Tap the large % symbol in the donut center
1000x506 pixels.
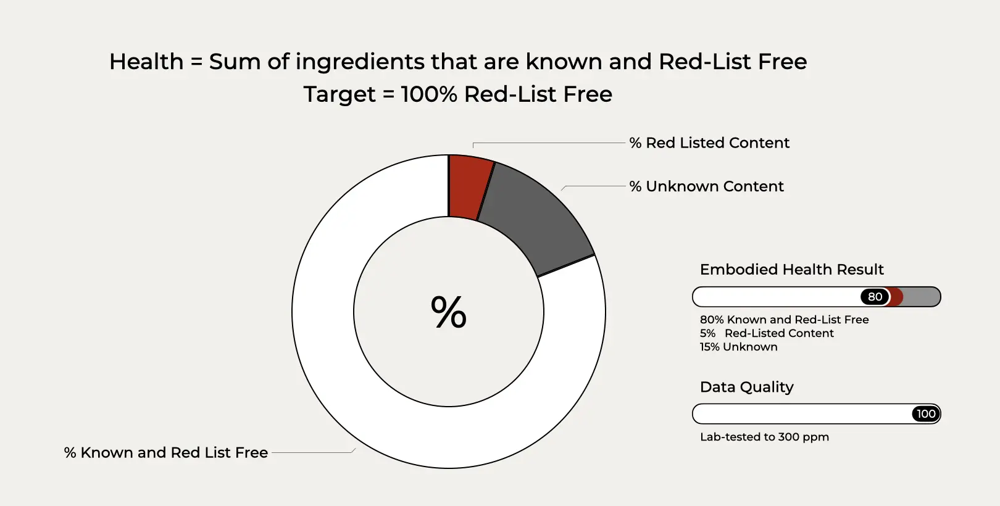coord(449,312)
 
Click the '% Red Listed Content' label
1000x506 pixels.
coord(709,143)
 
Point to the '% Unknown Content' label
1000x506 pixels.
coord(706,186)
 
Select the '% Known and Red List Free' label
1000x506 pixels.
coord(166,452)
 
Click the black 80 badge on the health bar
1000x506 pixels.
coord(875,297)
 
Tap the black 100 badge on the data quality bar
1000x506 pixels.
coord(926,414)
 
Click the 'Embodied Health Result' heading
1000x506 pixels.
coord(791,270)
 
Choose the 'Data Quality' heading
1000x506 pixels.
coord(746,387)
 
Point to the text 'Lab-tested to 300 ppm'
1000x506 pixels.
coord(764,437)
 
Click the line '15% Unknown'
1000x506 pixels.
coord(738,347)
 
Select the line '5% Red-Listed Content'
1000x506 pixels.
coord(767,333)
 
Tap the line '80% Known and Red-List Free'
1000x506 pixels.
coord(785,320)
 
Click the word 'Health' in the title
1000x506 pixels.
coord(146,62)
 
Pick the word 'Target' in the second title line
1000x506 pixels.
coord(340,94)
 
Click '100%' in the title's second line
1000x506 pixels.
coord(429,94)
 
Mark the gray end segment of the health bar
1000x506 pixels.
coord(921,297)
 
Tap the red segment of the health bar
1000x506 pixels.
coord(896,297)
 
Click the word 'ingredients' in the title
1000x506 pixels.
coord(360,62)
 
